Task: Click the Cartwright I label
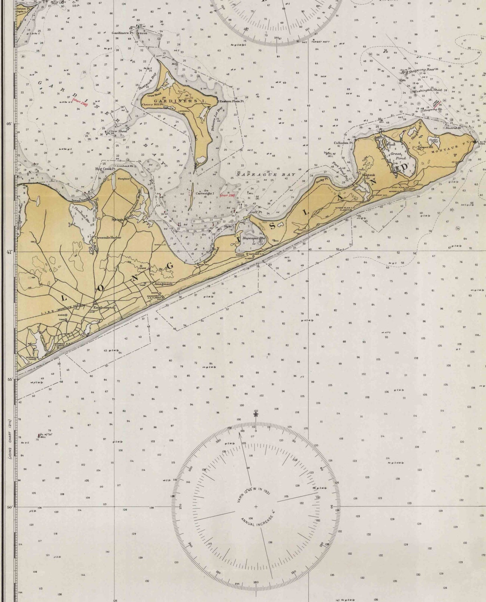coord(204,192)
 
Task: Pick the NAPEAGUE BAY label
coord(266,175)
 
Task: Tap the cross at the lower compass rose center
coord(256,506)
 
